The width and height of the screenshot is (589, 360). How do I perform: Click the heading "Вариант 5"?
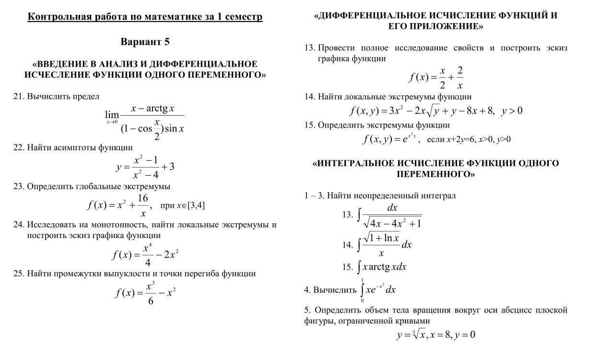(x=145, y=42)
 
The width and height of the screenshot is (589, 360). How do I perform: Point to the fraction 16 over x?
(x=143, y=205)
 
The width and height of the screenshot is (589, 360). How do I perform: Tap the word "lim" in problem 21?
(x=112, y=115)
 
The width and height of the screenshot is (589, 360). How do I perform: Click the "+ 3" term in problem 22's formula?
(x=168, y=167)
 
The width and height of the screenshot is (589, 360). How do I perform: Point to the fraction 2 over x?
(x=459, y=78)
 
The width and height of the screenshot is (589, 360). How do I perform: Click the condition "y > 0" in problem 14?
(x=511, y=111)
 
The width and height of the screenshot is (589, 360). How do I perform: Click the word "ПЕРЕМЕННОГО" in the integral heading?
(x=436, y=174)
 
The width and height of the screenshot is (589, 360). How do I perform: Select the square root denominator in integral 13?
(x=392, y=223)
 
